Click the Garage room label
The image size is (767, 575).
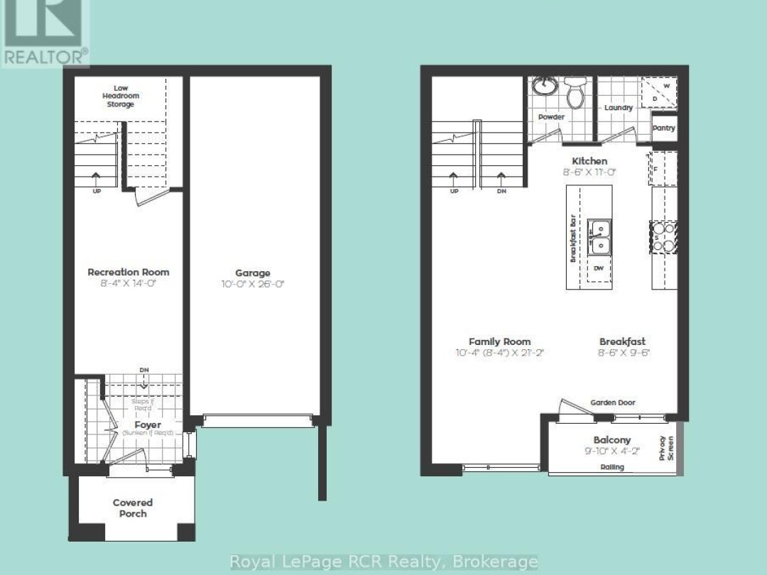coord(253,273)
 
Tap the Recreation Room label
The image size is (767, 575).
coord(129,272)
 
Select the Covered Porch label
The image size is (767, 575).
coord(133,508)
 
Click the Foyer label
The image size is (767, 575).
coord(146,425)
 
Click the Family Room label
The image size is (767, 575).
coord(499,341)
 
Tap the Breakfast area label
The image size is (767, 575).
coord(622,341)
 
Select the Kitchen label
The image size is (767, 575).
coord(589,161)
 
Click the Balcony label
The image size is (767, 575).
coord(611,440)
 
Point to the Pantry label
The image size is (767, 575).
coord(664,128)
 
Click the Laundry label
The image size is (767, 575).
coord(618,108)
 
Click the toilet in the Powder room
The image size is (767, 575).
coord(575,93)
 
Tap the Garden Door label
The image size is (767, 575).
coord(612,402)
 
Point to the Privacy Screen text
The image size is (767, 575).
coord(665,448)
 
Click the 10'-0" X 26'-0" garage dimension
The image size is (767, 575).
coord(253,284)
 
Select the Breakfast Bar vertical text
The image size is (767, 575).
coord(573,238)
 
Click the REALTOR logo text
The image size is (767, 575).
coord(45,55)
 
